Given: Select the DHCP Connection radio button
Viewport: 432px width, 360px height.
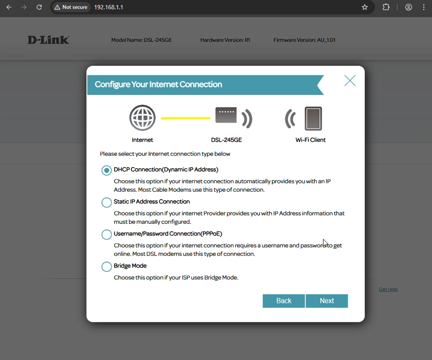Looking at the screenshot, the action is coord(106,170).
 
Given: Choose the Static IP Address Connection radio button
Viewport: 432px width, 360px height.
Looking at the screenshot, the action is coord(106,202).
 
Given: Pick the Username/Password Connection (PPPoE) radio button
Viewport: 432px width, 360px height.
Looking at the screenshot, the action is coord(106,235).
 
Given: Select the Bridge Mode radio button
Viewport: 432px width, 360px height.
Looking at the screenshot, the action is coord(106,267).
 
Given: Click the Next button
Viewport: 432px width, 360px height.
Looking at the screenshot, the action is coord(327,301).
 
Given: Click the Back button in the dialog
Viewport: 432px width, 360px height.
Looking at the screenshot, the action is coord(284,301).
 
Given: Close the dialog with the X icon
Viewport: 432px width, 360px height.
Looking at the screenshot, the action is coord(350,81).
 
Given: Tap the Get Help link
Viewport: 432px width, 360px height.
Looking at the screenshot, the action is coord(388,289).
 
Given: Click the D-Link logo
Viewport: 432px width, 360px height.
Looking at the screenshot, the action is coord(48,40).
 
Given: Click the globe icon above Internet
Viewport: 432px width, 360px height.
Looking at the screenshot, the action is coord(142,118).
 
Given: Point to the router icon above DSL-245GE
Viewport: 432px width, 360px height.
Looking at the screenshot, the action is coord(226,115).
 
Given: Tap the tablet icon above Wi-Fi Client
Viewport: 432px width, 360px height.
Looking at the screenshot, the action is coord(313,118).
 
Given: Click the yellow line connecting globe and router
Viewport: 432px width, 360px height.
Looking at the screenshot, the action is coord(186,118).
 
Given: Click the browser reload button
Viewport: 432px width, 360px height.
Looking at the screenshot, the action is coord(39,7).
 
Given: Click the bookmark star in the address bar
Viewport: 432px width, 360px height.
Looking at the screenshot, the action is coord(365,7).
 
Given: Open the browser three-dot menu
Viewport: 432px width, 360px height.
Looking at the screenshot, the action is coord(424,7).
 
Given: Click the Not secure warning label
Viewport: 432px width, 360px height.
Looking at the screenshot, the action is coord(71,7).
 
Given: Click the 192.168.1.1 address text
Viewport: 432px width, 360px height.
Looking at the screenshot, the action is coord(109,7).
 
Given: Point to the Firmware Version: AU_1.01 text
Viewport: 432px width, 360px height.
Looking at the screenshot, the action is coord(304,40).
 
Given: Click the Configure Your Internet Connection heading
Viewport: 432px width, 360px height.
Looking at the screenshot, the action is coord(158,85).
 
